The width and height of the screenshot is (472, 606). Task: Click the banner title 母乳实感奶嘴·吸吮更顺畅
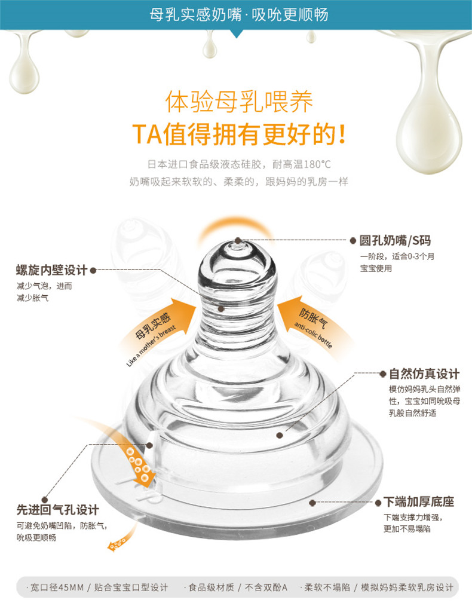[x=239, y=15]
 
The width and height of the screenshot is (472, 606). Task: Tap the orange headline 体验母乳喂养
[x=239, y=102]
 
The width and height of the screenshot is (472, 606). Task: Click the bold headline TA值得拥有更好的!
[x=239, y=134]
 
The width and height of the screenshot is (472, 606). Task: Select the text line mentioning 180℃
[x=239, y=164]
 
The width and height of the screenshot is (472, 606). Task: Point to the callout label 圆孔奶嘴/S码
[x=395, y=241]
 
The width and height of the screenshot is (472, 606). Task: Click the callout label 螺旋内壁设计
[x=52, y=270]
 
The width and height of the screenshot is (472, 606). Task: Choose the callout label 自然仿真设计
[x=424, y=374]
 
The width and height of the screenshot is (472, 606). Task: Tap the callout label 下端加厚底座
[x=419, y=501]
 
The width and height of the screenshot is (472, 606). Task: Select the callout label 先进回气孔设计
[x=57, y=510]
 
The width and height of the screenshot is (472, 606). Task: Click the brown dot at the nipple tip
[x=238, y=241]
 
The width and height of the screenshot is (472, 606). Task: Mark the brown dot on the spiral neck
[x=221, y=308]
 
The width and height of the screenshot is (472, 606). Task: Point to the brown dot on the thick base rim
[x=312, y=503]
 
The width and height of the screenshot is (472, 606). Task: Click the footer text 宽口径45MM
[x=57, y=587]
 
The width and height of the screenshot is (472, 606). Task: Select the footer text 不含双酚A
[x=266, y=587]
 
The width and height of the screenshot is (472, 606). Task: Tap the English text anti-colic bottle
[x=313, y=335]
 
